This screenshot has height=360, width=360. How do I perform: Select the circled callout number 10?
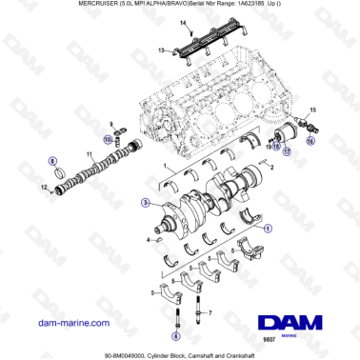[x=108, y=141]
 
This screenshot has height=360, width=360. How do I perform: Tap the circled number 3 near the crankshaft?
[x=145, y=203]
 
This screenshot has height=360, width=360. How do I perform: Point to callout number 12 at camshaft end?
[x=45, y=188]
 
